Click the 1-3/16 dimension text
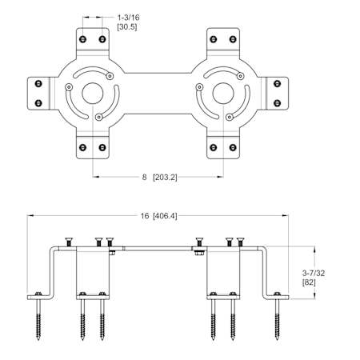(128, 18)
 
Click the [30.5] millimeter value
(127, 26)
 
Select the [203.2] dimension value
(165, 177)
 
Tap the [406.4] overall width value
(165, 216)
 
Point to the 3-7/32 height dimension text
(314, 273)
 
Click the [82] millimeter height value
(309, 282)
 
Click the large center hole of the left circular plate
(93, 94)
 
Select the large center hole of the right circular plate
(223, 94)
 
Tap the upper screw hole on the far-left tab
(38, 83)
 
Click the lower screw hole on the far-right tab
(278, 103)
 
